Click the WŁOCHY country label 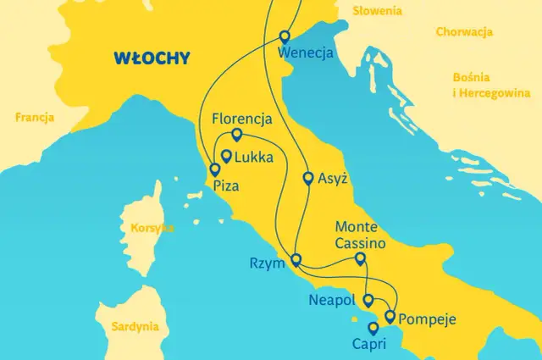click(x=152, y=59)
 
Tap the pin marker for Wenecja click(x=284, y=36)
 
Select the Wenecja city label click(x=306, y=53)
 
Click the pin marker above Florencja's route click(x=236, y=135)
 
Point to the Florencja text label click(x=242, y=118)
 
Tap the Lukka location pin click(x=226, y=156)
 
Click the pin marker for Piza click(x=213, y=169)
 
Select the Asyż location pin click(x=308, y=179)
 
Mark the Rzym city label click(x=267, y=263)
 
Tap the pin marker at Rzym click(x=296, y=260)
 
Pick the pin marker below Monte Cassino click(x=360, y=259)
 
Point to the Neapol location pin click(x=368, y=300)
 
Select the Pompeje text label click(x=428, y=320)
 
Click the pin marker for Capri click(x=373, y=328)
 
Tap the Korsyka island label click(x=152, y=228)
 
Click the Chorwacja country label click(x=464, y=32)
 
